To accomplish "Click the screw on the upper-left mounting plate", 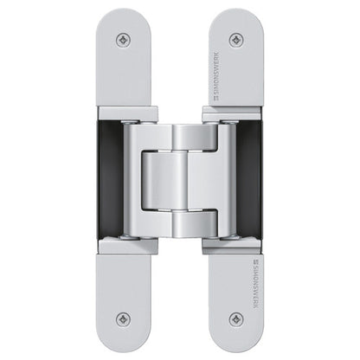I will click(x=124, y=40).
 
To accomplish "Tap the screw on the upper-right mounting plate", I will click(x=235, y=40).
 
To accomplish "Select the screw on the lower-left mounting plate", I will click(x=124, y=318).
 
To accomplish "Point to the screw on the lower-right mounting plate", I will click(x=235, y=318).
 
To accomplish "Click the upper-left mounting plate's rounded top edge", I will click(x=124, y=12).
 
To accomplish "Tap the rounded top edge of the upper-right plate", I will click(x=235, y=12).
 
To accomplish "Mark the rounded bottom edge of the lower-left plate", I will click(x=124, y=348).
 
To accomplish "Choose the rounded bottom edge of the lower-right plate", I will click(x=235, y=348).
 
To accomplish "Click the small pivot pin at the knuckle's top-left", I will click(x=130, y=120).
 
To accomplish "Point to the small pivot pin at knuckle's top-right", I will click(x=230, y=120).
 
